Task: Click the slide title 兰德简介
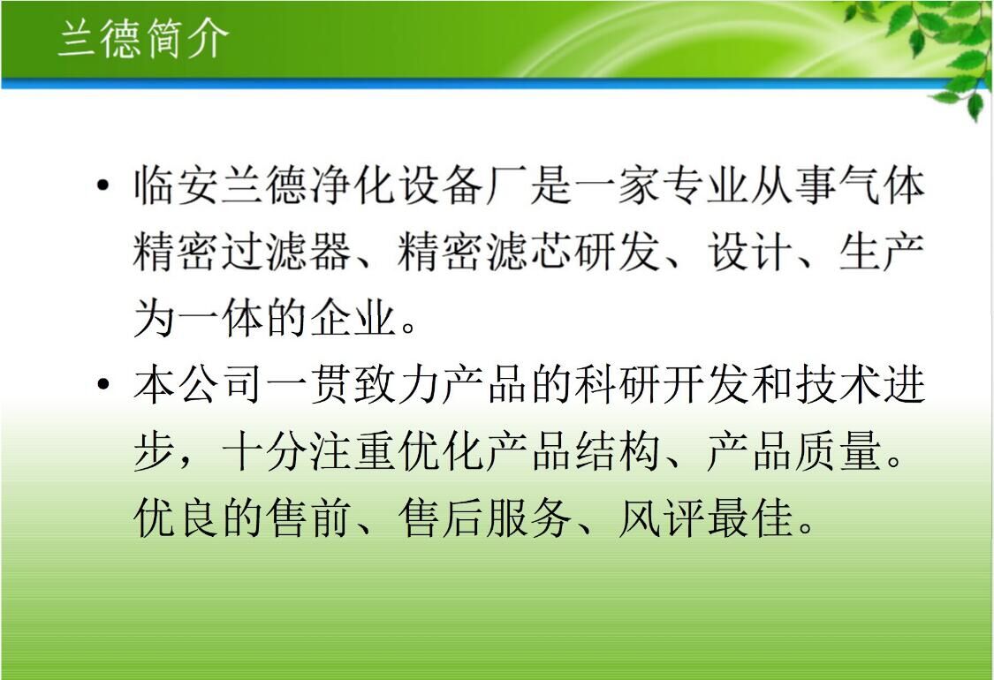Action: tap(143, 38)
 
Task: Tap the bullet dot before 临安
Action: tap(102, 185)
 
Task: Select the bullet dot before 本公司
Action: tap(102, 384)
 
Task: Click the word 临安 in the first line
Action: tap(176, 185)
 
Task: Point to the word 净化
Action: tap(353, 185)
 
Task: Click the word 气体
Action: tap(882, 185)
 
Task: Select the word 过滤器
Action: tap(286, 252)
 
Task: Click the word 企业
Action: tap(353, 318)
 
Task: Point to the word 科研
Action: tap(618, 384)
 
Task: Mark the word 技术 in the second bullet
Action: tap(838, 384)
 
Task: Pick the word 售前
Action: tap(308, 518)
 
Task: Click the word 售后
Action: tap(441, 518)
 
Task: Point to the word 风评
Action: tap(662, 518)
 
